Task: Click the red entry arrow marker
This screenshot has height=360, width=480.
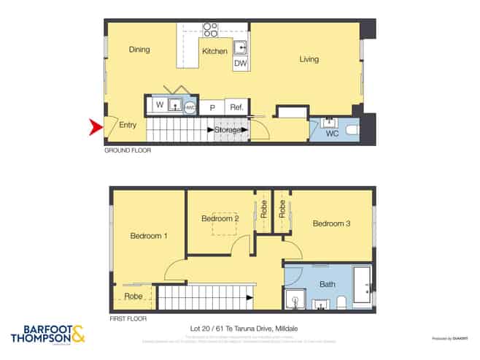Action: pyautogui.click(x=95, y=128)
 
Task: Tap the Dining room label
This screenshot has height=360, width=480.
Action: pyautogui.click(x=139, y=50)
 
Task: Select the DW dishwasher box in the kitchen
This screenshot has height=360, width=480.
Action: pyautogui.click(x=240, y=64)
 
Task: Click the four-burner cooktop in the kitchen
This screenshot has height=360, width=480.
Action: pyautogui.click(x=210, y=30)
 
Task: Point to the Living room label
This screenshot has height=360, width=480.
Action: pyautogui.click(x=309, y=59)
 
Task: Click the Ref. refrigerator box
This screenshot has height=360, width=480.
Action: pyautogui.click(x=236, y=107)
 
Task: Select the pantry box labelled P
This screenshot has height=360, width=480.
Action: pyautogui.click(x=212, y=107)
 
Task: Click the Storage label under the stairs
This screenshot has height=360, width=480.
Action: pyautogui.click(x=228, y=130)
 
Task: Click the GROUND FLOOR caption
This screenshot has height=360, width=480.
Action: pyautogui.click(x=127, y=150)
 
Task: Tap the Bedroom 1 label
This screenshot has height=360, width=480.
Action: pyautogui.click(x=149, y=236)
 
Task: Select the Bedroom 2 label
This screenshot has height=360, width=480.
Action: pyautogui.click(x=220, y=219)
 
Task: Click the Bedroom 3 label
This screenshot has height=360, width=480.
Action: pyautogui.click(x=332, y=223)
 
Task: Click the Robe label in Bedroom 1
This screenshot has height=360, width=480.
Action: pyautogui.click(x=133, y=297)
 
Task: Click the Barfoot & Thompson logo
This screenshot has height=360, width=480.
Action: pyautogui.click(x=48, y=335)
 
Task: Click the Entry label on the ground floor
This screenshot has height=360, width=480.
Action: pyautogui.click(x=128, y=126)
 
